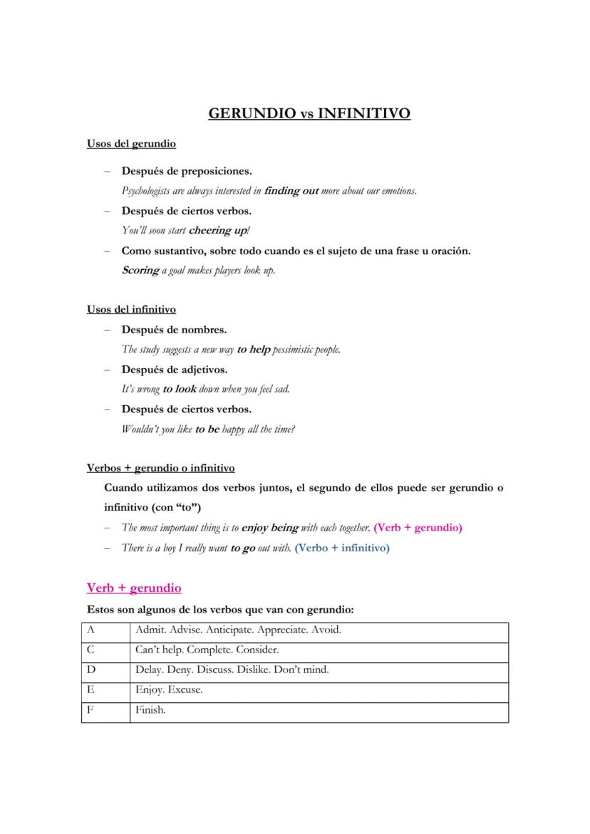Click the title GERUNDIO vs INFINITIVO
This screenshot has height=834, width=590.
309,113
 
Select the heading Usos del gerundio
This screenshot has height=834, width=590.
131,144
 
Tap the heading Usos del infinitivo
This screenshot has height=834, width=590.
131,309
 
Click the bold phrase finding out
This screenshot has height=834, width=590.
291,191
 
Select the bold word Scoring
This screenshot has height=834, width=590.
140,270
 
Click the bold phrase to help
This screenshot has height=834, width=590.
254,350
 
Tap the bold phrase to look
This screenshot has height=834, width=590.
180,389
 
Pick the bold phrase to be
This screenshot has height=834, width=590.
207,429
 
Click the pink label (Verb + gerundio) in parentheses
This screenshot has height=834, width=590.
418,528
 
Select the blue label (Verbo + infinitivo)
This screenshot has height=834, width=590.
342,548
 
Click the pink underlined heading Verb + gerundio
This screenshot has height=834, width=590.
134,588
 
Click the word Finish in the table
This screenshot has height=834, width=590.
150,710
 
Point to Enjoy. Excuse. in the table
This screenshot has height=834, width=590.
169,690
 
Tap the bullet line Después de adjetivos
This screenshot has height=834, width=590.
175,370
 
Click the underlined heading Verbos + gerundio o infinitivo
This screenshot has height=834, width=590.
160,468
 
